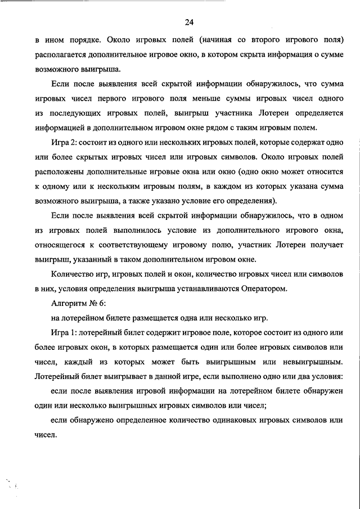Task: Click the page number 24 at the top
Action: click(x=188, y=22)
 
